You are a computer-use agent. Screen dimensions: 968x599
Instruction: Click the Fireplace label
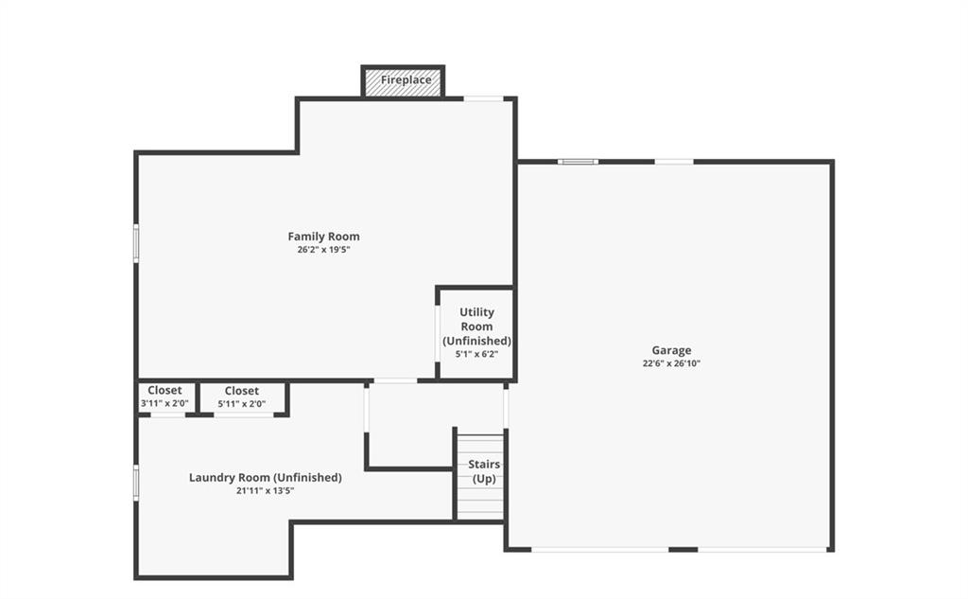tap(406, 79)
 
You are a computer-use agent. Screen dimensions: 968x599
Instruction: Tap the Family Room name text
tap(323, 237)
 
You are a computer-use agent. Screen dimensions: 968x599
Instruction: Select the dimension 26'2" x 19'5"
tap(323, 250)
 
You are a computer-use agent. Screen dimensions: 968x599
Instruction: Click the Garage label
tap(671, 350)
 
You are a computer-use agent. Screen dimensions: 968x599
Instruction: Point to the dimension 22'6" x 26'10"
tap(671, 363)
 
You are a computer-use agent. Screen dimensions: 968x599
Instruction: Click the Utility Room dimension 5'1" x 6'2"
tap(476, 354)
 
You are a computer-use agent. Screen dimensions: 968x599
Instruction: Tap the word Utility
tap(476, 312)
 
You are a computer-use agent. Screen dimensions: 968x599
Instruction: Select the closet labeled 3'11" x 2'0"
tap(164, 396)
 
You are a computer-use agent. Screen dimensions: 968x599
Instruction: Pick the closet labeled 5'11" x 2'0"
tap(242, 396)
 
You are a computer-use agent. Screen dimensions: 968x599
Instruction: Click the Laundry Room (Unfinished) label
tap(265, 477)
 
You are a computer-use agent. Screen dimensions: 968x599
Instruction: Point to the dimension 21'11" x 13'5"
tap(265, 491)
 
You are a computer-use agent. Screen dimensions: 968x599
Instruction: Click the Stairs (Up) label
tap(484, 471)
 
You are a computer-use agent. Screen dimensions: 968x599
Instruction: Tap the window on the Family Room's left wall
tap(136, 243)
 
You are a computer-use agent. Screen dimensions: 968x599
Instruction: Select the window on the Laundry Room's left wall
tap(136, 483)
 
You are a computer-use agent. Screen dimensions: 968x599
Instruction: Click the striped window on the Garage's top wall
tap(578, 162)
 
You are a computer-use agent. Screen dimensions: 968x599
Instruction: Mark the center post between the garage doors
tap(683, 549)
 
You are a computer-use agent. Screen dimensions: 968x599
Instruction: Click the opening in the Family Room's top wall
tap(483, 98)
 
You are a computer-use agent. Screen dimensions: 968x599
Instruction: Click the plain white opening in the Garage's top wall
tap(673, 162)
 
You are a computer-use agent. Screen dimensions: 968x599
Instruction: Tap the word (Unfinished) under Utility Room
tap(476, 341)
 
